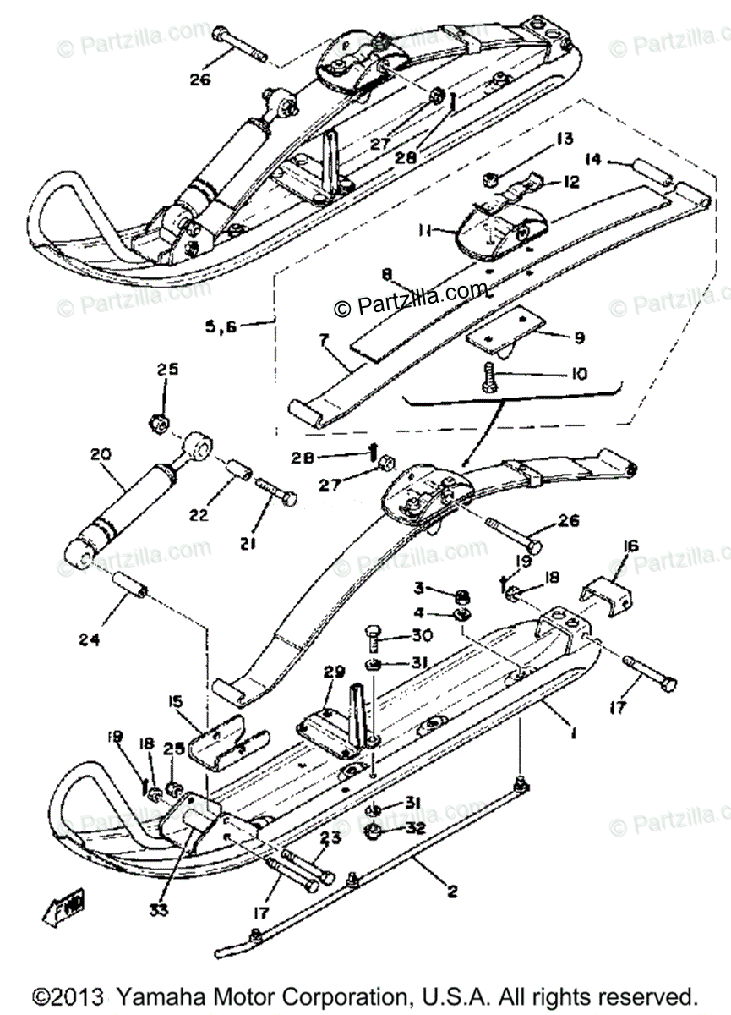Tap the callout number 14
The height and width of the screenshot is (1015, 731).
(x=593, y=158)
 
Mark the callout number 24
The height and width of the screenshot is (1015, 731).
(x=90, y=640)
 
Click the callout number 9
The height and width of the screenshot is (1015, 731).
(x=578, y=337)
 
